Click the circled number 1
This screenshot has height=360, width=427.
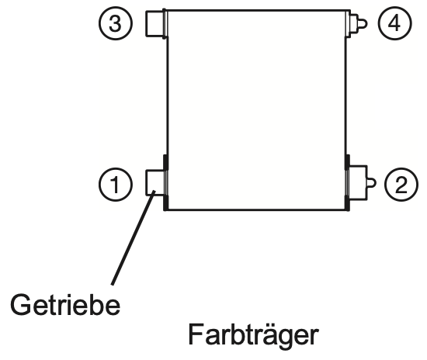tap(116, 184)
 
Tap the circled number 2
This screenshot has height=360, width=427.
tap(401, 184)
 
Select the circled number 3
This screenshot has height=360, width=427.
tap(116, 23)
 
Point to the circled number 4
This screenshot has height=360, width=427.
tap(394, 23)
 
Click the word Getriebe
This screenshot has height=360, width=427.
tap(65, 304)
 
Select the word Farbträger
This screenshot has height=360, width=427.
tap(253, 334)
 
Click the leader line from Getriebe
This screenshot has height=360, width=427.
tap(134, 238)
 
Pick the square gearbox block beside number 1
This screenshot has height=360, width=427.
tap(155, 182)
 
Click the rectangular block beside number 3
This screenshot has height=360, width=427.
tap(155, 23)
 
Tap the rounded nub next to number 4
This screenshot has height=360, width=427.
tap(363, 23)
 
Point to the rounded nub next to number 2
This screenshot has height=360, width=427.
tap(372, 182)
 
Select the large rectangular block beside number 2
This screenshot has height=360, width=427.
tap(358, 182)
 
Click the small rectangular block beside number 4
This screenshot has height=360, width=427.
tap(353, 23)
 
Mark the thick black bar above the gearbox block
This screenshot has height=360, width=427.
tap(165, 162)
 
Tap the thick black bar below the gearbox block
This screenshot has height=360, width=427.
tap(165, 202)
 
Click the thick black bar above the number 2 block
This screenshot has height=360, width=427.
tap(348, 161)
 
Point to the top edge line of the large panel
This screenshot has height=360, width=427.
tap(257, 11)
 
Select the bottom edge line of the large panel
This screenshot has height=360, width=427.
tap(257, 209)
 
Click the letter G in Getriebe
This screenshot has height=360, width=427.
tap(20, 305)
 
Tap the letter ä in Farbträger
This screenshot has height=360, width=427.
tap(262, 335)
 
